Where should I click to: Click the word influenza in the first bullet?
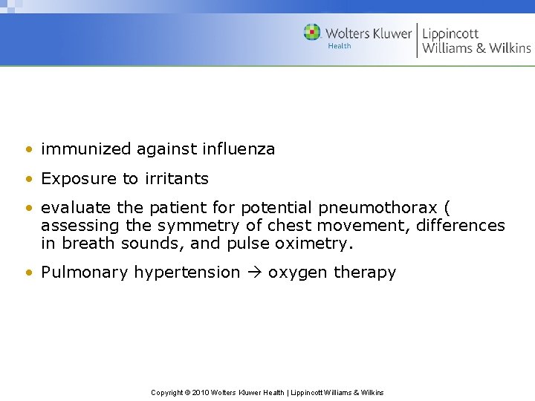point(238,149)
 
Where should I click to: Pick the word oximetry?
point(306,243)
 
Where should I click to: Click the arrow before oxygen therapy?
point(253,273)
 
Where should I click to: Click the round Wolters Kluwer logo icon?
point(312,33)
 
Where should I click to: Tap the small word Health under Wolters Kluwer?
point(339,46)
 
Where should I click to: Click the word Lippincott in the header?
point(450,33)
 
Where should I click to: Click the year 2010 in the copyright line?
point(201,392)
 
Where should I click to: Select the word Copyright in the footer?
point(167,392)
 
